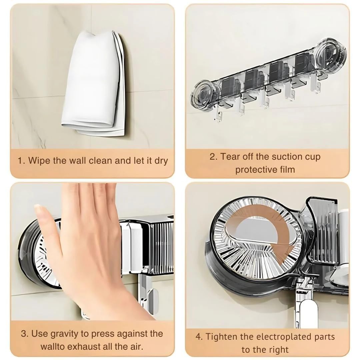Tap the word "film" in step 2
(287, 169)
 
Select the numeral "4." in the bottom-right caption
(199, 337)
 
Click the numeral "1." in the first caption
(21, 160)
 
